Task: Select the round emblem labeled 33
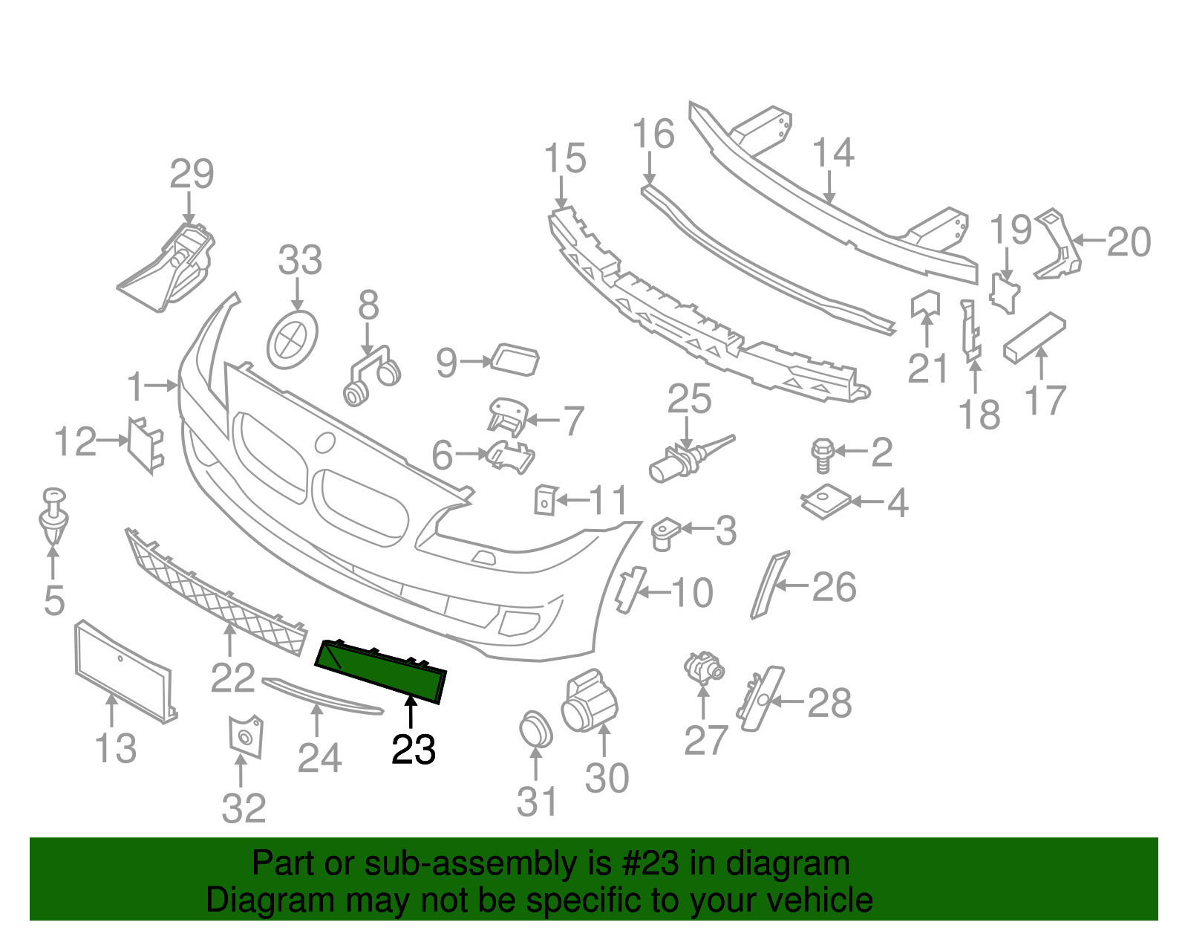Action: [292, 340]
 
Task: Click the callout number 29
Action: [192, 175]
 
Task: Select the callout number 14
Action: [833, 153]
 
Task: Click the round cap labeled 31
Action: [535, 729]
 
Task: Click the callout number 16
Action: [653, 134]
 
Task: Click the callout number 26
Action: [835, 588]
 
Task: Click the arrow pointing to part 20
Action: [1089, 241]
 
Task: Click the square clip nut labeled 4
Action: [826, 502]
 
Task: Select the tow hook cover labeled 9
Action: [515, 360]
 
